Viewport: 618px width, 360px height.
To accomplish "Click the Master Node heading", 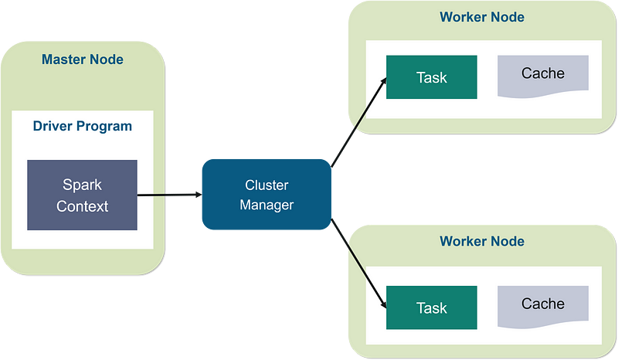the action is click(x=83, y=59).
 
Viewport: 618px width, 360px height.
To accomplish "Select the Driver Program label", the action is click(x=83, y=126).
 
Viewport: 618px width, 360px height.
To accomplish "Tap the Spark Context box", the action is click(x=82, y=195).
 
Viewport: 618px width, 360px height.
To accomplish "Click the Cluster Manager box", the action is click(x=267, y=195).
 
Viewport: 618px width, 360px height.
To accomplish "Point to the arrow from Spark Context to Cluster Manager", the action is click(x=169, y=195).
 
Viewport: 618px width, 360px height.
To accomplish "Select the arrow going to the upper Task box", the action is click(x=358, y=122).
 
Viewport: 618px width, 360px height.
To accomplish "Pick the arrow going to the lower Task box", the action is click(x=358, y=263).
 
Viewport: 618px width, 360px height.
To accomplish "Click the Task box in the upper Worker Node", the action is click(x=432, y=77).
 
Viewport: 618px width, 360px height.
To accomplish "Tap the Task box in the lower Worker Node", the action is click(x=432, y=307).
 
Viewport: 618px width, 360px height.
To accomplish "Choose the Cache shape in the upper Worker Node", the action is click(x=543, y=75).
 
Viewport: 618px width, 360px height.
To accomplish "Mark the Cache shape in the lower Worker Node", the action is click(x=543, y=306).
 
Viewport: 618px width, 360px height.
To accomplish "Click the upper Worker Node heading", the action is click(x=482, y=17).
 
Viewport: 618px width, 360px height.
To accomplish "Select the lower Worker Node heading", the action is click(x=482, y=241).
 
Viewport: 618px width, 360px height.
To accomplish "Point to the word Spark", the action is click(x=82, y=185).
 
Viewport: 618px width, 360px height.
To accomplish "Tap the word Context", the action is click(x=82, y=206).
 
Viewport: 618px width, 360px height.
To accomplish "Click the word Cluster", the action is click(x=267, y=185).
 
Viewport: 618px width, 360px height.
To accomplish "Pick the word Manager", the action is click(x=267, y=205).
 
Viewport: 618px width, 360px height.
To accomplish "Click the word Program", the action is click(x=104, y=127).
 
